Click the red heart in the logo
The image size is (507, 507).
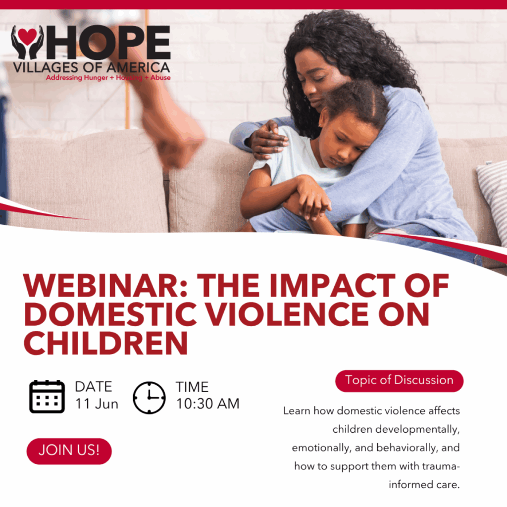tap(27, 36)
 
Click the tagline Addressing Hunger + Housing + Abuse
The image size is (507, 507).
tap(108, 78)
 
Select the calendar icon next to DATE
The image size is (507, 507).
tap(47, 397)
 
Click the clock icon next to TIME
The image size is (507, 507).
tap(149, 398)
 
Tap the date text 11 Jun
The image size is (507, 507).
tap(97, 404)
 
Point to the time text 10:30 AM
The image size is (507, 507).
tap(207, 404)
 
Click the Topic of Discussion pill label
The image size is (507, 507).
tap(400, 381)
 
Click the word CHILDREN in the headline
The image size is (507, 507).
tap(106, 343)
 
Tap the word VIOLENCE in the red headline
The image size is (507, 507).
tap(288, 314)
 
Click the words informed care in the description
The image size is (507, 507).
tap(424, 485)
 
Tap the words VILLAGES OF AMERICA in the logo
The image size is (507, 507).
tap(92, 67)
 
